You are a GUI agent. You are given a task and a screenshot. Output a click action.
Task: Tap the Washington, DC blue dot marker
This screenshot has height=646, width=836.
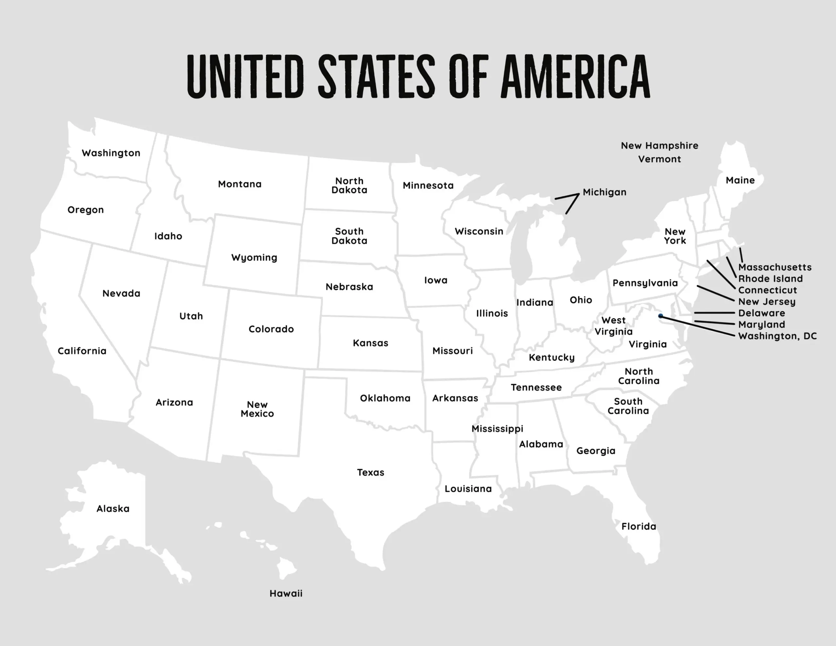click(661, 316)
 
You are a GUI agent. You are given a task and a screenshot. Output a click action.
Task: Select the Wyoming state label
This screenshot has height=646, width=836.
click(254, 257)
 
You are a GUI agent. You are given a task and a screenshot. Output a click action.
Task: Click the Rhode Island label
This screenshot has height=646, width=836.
click(770, 279)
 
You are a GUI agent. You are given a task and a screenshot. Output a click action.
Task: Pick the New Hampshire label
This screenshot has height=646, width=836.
click(659, 146)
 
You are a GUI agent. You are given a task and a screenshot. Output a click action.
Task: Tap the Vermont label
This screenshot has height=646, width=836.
click(659, 159)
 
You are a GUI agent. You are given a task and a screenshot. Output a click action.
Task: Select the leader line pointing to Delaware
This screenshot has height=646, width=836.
click(714, 313)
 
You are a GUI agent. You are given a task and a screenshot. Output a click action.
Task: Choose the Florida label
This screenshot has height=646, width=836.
click(638, 526)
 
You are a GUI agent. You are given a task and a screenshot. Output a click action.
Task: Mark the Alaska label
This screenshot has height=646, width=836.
click(113, 509)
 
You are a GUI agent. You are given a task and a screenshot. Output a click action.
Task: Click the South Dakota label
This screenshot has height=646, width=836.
click(349, 236)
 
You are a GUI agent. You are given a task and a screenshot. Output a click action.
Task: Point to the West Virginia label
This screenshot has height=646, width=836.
click(614, 326)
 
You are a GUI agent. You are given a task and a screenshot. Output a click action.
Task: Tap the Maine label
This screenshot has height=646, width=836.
click(740, 180)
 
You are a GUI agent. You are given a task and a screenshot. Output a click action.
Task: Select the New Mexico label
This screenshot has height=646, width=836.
click(257, 409)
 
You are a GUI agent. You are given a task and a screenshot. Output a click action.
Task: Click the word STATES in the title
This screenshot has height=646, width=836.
click(376, 76)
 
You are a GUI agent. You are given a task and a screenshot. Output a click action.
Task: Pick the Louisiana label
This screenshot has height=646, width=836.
click(468, 489)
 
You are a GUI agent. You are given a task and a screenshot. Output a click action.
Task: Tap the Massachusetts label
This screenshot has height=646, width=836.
click(774, 267)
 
